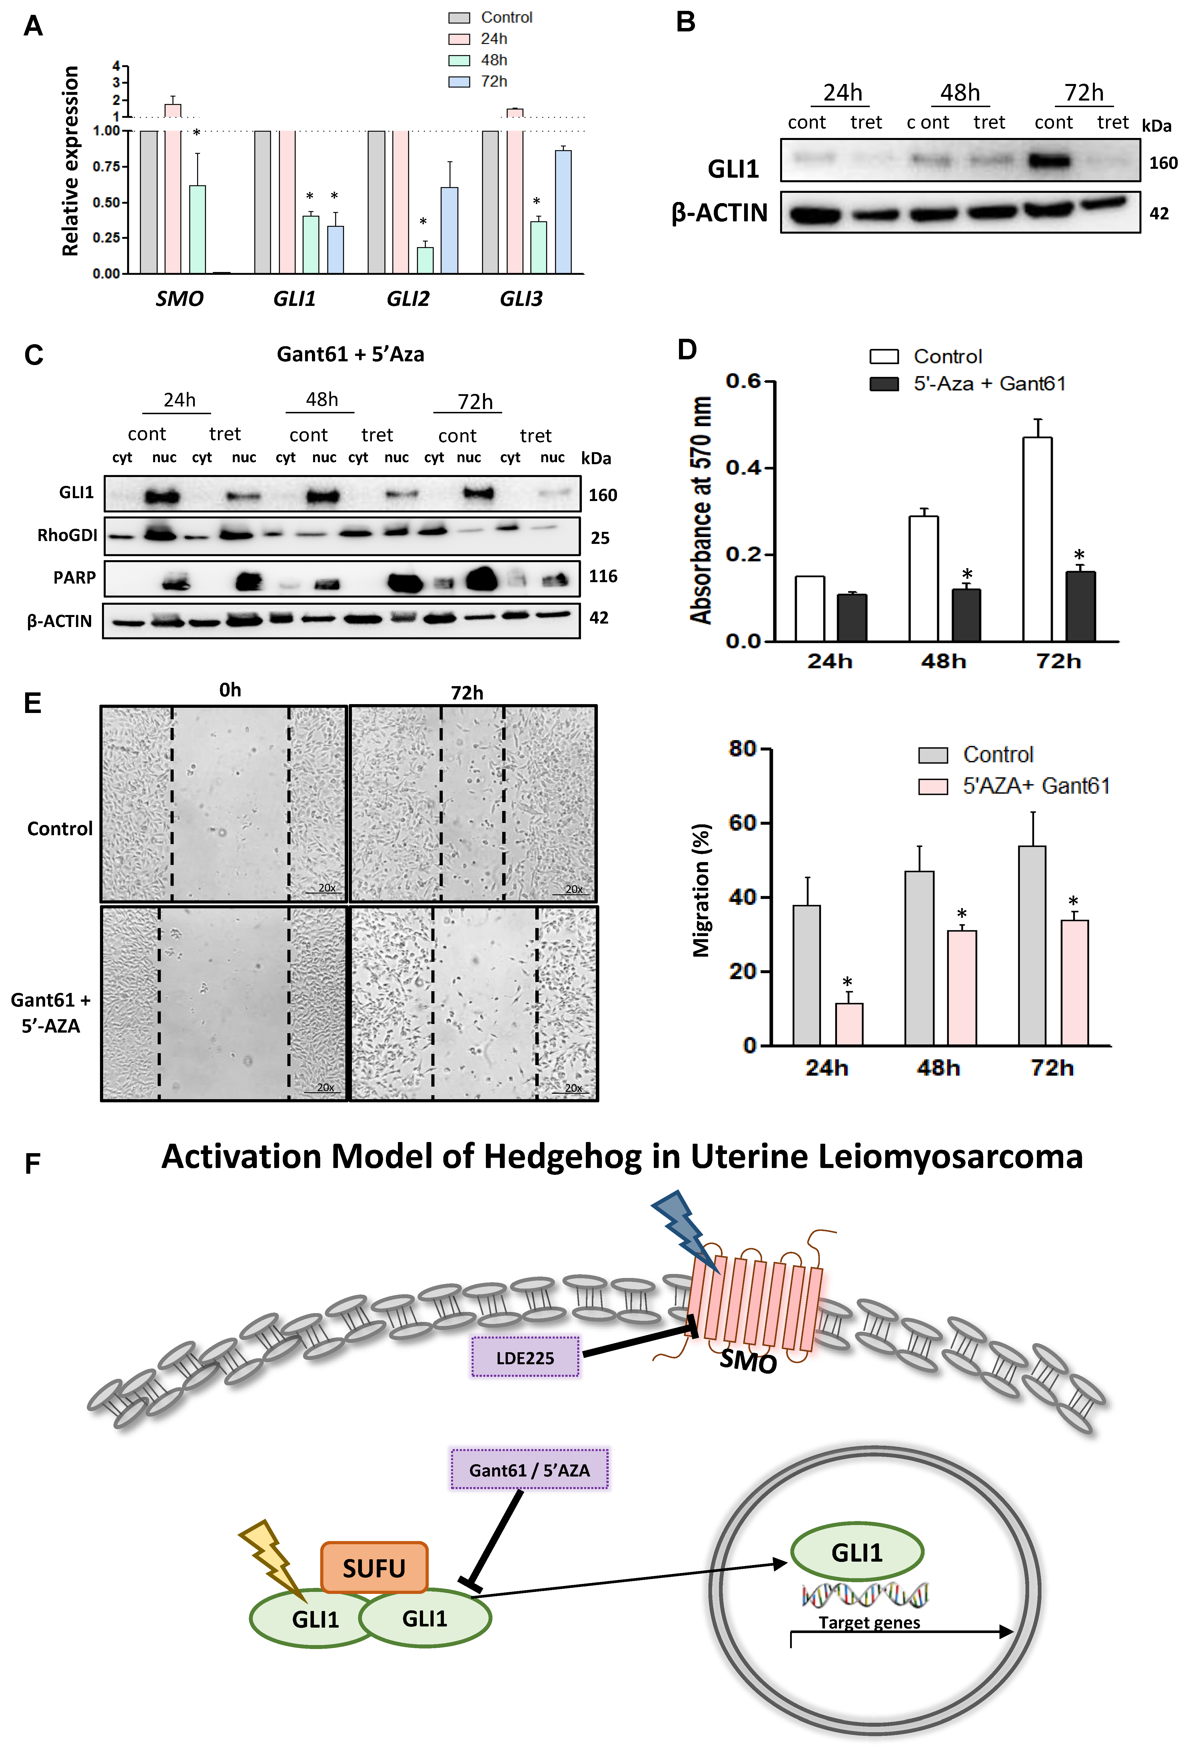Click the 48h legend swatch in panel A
tap(459, 60)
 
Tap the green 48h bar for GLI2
tap(425, 260)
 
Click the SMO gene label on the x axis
tap(179, 299)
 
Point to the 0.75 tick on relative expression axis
tap(107, 167)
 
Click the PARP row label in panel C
tap(75, 578)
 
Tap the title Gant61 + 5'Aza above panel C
tap(350, 354)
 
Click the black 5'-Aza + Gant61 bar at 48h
tap(966, 615)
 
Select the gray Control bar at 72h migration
tap(1032, 945)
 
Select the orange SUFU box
tap(374, 1568)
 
